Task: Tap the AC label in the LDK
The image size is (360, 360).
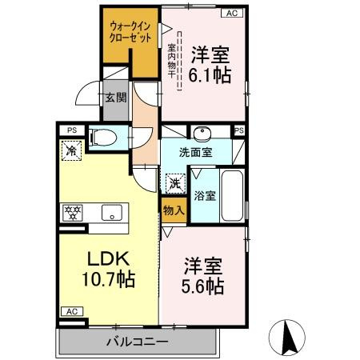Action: click(70, 311)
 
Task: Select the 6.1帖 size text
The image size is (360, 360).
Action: click(210, 76)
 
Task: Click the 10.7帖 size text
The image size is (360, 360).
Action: click(107, 281)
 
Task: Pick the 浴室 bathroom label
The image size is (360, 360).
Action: click(203, 194)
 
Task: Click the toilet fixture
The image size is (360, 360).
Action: click(103, 137)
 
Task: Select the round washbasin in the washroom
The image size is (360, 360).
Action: click(200, 133)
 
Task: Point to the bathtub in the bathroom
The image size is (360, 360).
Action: click(233, 194)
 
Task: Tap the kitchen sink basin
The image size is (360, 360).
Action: click(111, 212)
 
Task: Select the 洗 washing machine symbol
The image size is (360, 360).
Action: click(174, 182)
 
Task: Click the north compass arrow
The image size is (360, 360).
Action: click(289, 336)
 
